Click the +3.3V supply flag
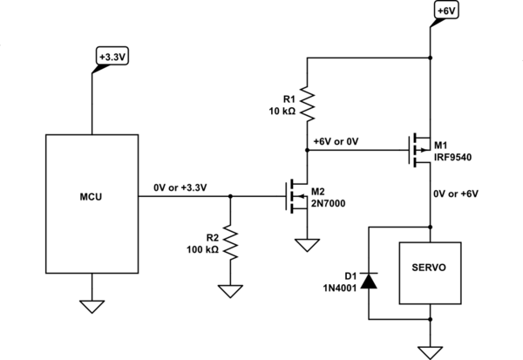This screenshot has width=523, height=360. [x=111, y=58]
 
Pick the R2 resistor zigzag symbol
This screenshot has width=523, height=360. [x=229, y=243]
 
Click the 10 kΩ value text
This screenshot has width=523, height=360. [x=284, y=111]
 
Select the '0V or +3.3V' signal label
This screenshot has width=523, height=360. [x=179, y=187]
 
